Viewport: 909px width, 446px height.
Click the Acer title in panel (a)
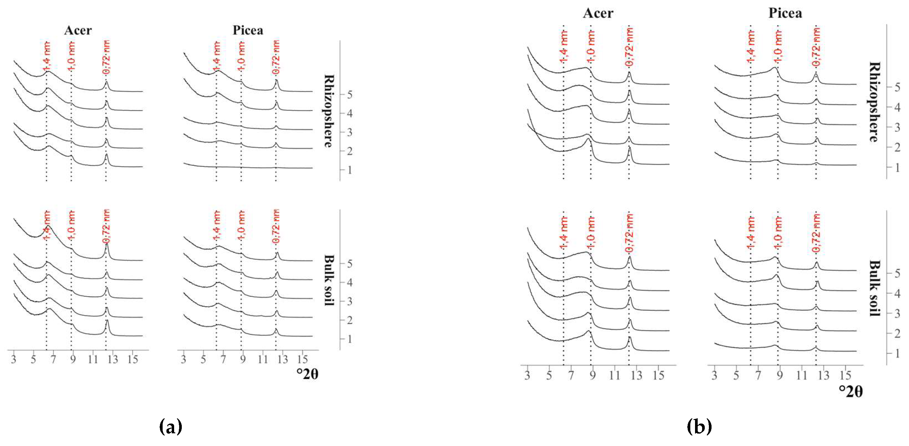click(x=78, y=30)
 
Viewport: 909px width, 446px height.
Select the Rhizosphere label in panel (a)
click(x=329, y=111)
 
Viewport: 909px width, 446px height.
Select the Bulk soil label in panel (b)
click(x=874, y=288)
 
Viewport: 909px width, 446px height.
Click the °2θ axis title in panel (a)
click(x=307, y=374)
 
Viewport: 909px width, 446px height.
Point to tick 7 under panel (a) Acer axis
click(x=53, y=359)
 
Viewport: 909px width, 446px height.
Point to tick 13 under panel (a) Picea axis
click(x=282, y=359)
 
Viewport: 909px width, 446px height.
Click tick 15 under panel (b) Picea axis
click(x=846, y=375)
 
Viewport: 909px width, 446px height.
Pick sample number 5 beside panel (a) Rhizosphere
click(x=349, y=95)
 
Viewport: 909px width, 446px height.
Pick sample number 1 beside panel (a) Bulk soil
click(x=349, y=339)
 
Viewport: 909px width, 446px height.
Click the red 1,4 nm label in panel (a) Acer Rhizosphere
click(x=47, y=56)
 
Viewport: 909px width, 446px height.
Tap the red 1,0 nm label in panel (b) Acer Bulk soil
click(x=591, y=233)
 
